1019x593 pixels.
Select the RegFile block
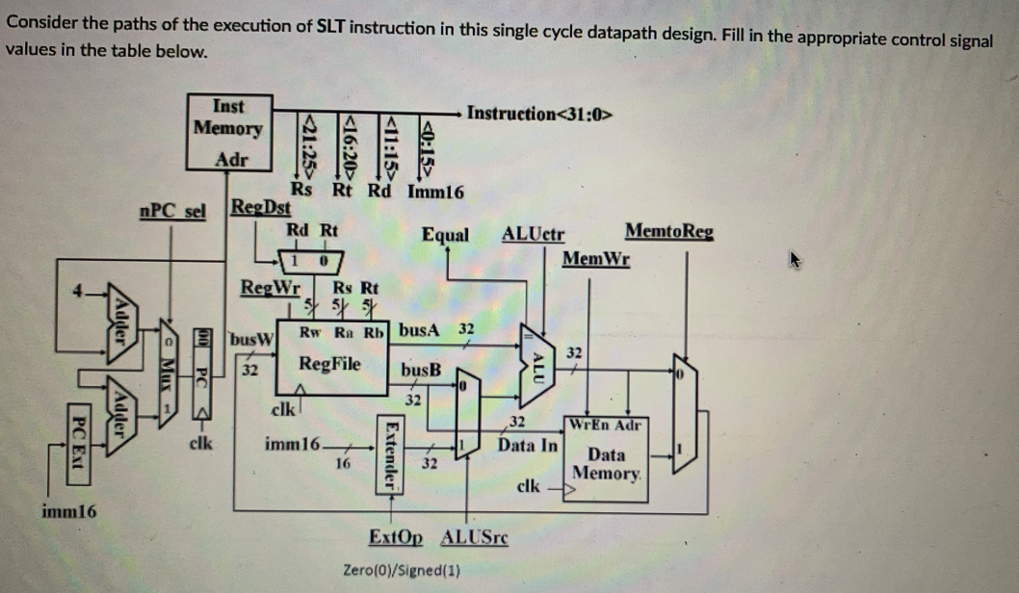tap(330, 363)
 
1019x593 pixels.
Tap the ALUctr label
tap(533, 234)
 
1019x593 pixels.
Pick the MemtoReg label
tap(669, 231)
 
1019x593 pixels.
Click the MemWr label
tap(596, 258)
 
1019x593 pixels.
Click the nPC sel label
tap(172, 211)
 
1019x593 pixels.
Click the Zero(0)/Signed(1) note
tap(401, 570)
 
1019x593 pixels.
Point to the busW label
tap(254, 339)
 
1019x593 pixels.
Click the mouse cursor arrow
tap(796, 259)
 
